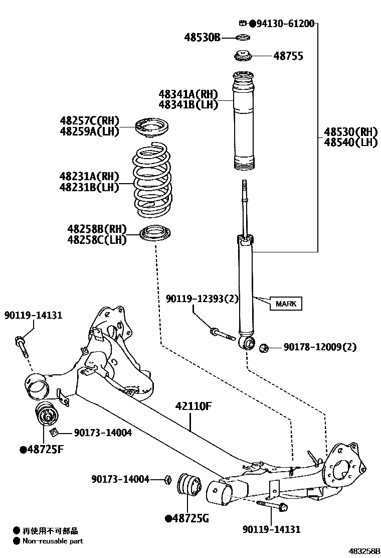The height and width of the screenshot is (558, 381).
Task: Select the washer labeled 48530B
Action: coord(244,38)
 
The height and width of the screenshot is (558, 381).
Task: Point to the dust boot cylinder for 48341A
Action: coord(245,123)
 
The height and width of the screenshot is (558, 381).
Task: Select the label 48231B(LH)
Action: coord(89,188)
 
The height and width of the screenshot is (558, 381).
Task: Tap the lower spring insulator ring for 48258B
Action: coord(156,233)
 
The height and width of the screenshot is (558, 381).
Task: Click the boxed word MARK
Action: coord(286,304)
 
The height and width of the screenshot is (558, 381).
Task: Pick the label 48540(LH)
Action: coord(350,143)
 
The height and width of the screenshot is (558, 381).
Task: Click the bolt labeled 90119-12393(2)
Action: coord(223,333)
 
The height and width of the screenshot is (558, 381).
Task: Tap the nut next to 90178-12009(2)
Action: coord(265,347)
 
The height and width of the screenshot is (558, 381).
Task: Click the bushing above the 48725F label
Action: coord(46,415)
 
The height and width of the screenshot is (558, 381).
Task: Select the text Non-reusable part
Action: coord(52,541)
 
